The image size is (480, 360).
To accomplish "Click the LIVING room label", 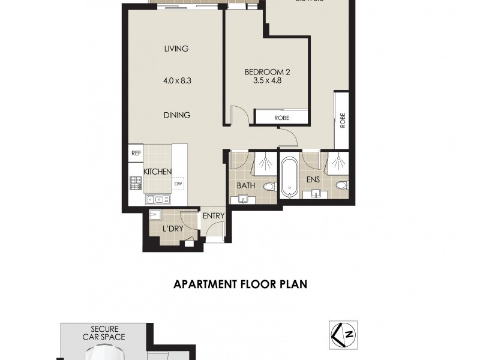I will point(176,49).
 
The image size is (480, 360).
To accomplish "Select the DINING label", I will point(176,115).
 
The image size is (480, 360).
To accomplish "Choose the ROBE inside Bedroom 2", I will point(281,118).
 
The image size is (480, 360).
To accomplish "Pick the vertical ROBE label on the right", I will point(343,121).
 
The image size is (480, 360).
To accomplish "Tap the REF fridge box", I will point(136,154).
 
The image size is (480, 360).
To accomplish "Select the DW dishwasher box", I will point(178,184).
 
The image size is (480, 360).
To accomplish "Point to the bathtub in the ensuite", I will point(290,177).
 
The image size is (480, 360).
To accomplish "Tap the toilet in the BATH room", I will point(269,187).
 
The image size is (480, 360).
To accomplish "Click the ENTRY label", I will point(213,216).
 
